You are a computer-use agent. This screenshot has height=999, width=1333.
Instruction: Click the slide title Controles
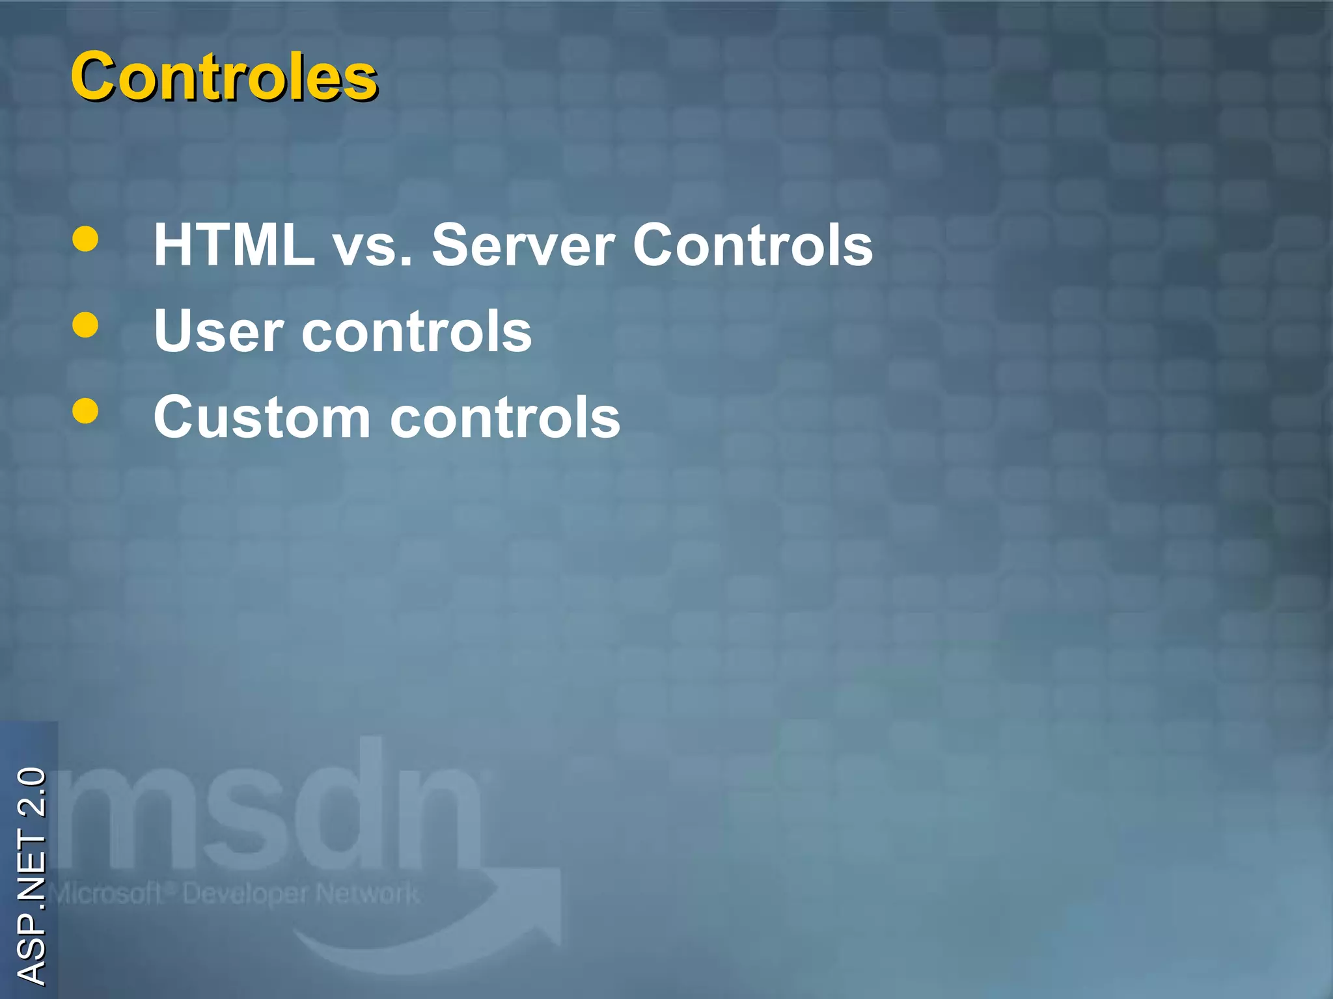[x=224, y=77]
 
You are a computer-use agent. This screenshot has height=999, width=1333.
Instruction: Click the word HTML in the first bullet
[x=234, y=245]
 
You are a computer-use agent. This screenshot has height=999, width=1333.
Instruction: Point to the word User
[x=219, y=331]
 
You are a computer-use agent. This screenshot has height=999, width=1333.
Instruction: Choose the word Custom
[x=262, y=418]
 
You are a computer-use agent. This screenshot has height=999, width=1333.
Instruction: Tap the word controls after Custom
[x=505, y=418]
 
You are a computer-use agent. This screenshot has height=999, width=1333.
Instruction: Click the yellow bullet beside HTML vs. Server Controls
[x=86, y=239]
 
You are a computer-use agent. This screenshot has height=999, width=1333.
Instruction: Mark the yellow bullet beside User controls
[x=86, y=325]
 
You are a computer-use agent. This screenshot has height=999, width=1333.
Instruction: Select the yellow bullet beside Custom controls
[x=86, y=411]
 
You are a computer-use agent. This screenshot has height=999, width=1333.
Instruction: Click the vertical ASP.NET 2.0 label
[x=31, y=875]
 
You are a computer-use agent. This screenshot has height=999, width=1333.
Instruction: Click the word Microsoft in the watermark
[x=107, y=894]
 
